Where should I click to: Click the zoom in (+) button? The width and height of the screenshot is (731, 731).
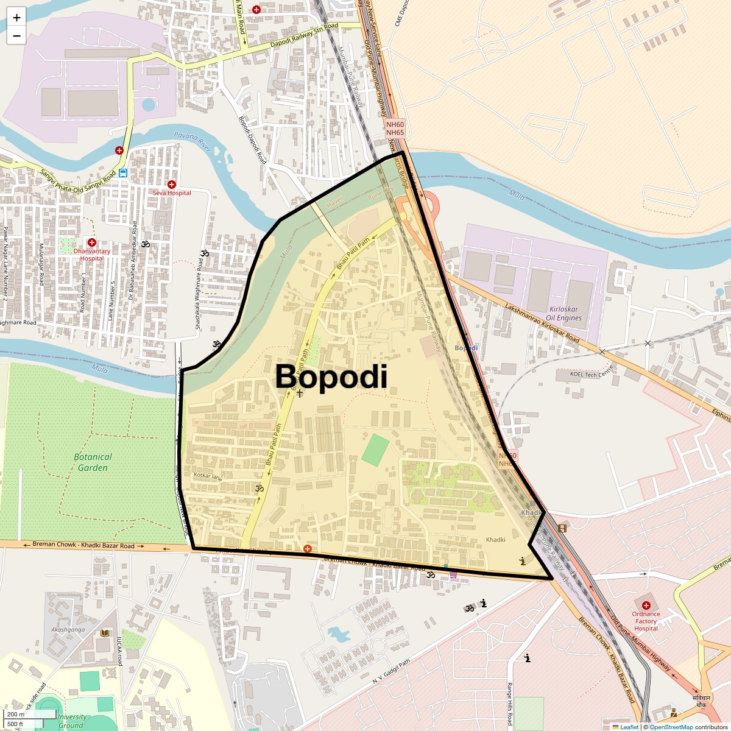16,18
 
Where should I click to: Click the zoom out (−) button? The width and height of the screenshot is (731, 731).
16,35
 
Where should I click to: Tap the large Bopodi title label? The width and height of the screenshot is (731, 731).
331,377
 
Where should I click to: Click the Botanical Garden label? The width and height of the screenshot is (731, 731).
93,462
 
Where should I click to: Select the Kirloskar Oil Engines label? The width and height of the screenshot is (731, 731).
563,313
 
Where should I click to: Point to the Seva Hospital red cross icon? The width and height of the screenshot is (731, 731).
172,184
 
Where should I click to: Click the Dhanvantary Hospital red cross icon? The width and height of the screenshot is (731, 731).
92,242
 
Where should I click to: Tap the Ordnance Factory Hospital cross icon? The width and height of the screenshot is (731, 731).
646,605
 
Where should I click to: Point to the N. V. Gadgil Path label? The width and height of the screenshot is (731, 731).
391,674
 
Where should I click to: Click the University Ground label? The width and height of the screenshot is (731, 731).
72,721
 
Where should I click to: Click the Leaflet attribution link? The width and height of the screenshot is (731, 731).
629,727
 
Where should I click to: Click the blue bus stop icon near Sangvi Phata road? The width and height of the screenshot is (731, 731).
123,172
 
